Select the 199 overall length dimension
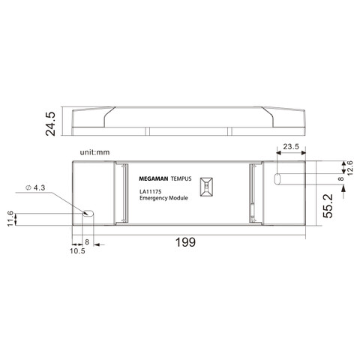tap(186, 242)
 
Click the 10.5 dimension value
tap(78, 251)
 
